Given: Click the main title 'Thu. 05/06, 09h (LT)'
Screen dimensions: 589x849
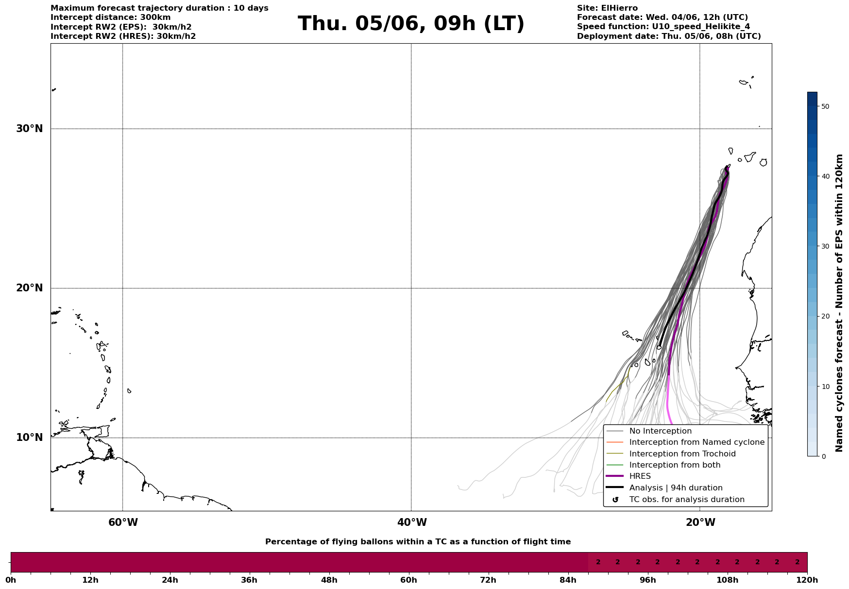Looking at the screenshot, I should pos(411,24).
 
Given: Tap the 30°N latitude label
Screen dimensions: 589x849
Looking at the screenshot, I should pos(30,129).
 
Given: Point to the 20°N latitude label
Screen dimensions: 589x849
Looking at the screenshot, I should pos(30,288).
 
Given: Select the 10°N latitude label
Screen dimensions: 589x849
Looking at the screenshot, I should pos(30,438).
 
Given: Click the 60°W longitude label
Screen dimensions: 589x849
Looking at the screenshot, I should pos(123,522).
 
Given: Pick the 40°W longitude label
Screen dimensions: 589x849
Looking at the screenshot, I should pos(412,522).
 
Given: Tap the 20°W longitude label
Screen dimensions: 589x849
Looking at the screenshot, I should pos(700,522).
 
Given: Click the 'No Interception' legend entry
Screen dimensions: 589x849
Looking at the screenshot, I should pos(660,431).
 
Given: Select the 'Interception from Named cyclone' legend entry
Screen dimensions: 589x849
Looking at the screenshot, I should pos(696,442).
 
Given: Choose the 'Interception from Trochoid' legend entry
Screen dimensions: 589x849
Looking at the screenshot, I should pos(682,454).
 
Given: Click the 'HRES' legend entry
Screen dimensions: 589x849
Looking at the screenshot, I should pos(640,476).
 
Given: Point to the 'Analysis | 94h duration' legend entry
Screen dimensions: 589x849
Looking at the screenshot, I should pos(676,488).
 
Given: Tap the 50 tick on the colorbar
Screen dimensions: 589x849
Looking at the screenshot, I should pos(825,106).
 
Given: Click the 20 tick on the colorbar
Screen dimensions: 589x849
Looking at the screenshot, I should pos(825,317).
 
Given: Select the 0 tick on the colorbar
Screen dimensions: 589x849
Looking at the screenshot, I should pos(823,456).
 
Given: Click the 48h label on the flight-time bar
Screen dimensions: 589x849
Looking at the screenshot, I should pos(329,580).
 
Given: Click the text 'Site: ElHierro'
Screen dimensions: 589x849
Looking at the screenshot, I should pos(607,8).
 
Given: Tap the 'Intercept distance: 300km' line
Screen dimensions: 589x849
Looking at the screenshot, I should pos(111,17).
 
